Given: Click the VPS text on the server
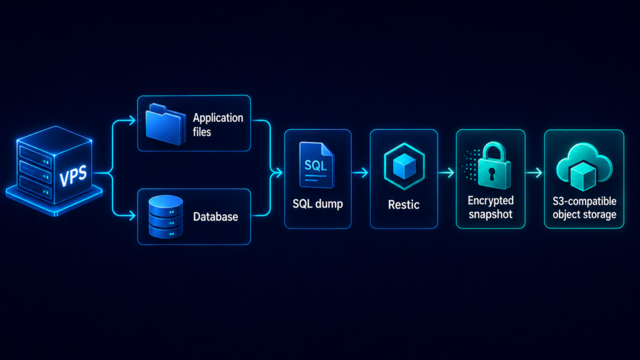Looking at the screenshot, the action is tap(74, 176).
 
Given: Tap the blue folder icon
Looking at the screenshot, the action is tap(165, 124).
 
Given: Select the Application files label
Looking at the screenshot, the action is tap(218, 125).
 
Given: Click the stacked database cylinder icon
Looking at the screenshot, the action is tap(166, 217).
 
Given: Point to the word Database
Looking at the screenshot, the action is tap(216, 216).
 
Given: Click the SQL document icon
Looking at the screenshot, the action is tap(317, 165).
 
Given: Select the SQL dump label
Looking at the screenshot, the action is tap(317, 204).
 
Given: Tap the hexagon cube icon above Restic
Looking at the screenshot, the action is tap(404, 166).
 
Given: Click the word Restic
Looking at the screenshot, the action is tap(404, 204).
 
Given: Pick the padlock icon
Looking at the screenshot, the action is tap(494, 166).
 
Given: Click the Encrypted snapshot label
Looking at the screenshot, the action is tap(491, 207).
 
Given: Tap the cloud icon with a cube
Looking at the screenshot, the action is tap(584, 167).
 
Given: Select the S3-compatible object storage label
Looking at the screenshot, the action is tap(584, 207).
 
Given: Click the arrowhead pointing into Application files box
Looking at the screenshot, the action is tap(132, 121).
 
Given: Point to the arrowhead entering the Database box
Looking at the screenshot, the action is tap(132, 215).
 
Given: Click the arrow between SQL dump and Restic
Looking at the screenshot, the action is tap(360, 173).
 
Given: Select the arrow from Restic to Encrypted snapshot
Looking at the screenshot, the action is tap(446, 173).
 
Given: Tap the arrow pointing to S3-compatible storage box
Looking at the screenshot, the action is tap(534, 173).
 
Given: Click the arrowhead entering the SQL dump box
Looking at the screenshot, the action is tap(279, 173).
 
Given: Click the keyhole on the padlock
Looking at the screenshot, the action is tap(492, 174).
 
